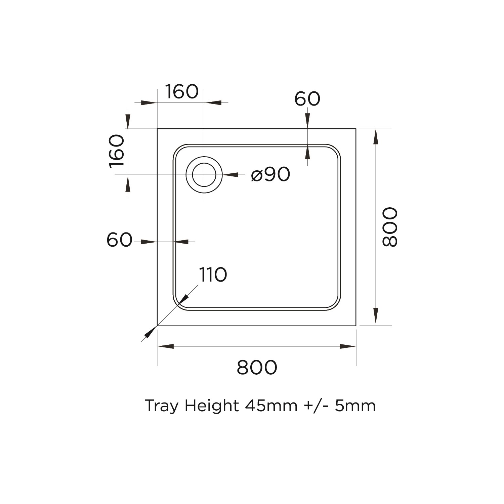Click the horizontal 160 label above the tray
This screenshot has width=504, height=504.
point(182,91)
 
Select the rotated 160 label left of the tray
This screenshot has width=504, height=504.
point(117,150)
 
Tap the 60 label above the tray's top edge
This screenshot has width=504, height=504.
point(307,99)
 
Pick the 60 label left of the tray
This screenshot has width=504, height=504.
point(119,240)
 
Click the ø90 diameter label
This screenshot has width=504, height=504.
point(270,174)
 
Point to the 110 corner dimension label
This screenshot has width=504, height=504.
point(213,275)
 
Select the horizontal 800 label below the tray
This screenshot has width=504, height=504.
point(257,367)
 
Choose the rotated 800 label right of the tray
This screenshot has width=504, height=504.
point(390,227)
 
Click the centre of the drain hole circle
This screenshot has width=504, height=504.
point(204,175)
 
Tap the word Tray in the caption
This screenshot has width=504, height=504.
point(161,406)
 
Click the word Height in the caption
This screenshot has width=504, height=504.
point(211,406)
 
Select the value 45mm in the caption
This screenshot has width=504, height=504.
point(271,406)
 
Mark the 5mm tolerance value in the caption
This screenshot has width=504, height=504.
point(355,406)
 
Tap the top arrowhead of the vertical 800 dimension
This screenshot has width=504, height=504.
point(375,136)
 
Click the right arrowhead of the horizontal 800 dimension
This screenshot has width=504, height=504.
point(347,346)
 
